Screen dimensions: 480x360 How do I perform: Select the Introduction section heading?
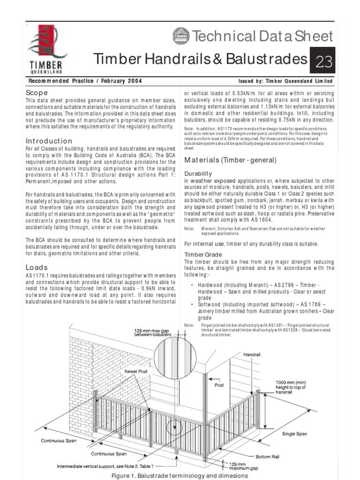tap(49, 141)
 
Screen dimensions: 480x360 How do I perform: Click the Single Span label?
tap(294, 434)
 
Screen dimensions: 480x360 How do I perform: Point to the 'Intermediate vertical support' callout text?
tap(105, 466)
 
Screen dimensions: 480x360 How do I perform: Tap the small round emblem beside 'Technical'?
tap(180, 35)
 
